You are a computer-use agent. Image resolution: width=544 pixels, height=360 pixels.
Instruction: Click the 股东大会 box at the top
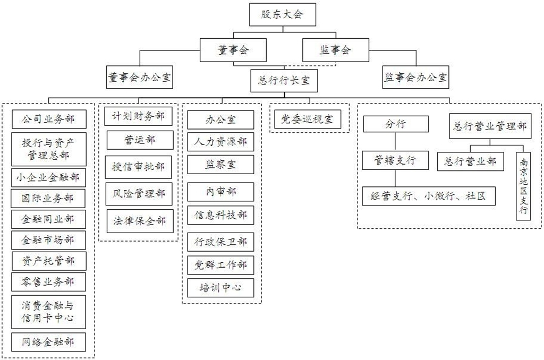point(283,14)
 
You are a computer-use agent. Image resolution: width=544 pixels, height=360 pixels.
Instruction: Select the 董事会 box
point(233,50)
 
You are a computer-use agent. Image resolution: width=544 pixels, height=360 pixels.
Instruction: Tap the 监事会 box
point(336,50)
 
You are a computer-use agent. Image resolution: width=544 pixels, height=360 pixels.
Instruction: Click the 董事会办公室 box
point(140,78)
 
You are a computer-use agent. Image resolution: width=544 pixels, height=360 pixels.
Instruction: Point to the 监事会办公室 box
point(415,78)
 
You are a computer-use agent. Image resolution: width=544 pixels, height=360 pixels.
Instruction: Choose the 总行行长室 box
point(284,81)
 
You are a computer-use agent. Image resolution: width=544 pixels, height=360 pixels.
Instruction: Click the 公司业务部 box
point(49,119)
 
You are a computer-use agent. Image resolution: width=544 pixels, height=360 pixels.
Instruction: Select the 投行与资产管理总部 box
point(49,149)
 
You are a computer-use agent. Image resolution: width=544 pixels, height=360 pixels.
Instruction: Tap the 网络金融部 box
point(48,342)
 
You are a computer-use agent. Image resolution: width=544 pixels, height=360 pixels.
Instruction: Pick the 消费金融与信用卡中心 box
point(48,312)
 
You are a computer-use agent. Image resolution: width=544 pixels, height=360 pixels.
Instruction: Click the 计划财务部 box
point(138,116)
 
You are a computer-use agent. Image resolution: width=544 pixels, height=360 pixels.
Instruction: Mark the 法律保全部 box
point(140,221)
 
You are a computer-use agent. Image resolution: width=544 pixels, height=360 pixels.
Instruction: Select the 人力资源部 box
point(220,141)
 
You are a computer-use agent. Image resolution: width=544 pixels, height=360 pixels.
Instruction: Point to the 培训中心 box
point(220,287)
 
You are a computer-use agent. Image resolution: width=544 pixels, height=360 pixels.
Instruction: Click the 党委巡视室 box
point(308,119)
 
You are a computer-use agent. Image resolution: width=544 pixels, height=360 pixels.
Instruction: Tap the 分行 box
point(396,124)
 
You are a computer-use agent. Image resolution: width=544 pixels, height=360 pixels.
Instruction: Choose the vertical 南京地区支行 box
point(524,186)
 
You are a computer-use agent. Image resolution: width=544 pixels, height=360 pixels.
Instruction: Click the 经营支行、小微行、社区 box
point(429,196)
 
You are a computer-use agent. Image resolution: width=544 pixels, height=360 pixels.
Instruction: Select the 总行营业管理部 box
point(490,126)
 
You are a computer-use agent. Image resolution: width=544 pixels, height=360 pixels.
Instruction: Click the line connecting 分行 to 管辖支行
point(395,141)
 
